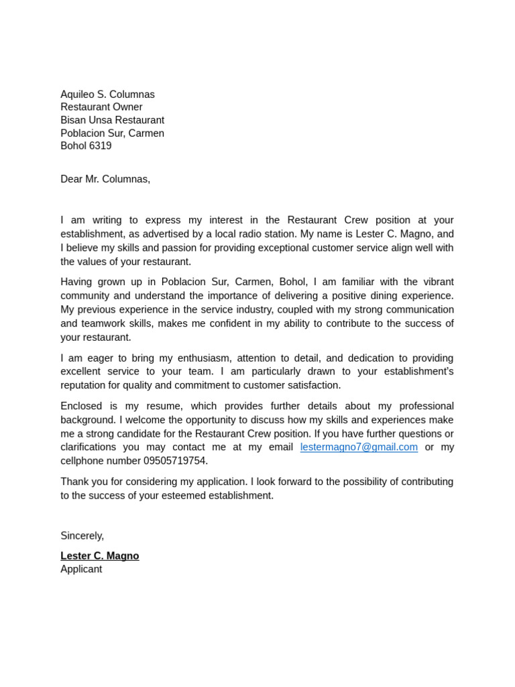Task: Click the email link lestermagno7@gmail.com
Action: point(359,447)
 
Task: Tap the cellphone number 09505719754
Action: point(175,461)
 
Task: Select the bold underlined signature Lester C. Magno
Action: point(100,556)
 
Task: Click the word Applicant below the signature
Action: point(81,569)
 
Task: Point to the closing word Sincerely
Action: point(82,535)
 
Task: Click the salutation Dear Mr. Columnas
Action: point(105,179)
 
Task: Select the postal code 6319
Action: point(101,146)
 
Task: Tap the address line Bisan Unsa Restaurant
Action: point(112,120)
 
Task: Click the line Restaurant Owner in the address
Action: point(101,107)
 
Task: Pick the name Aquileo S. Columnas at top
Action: point(107,95)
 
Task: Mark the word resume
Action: point(164,406)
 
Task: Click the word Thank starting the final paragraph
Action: point(74,482)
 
